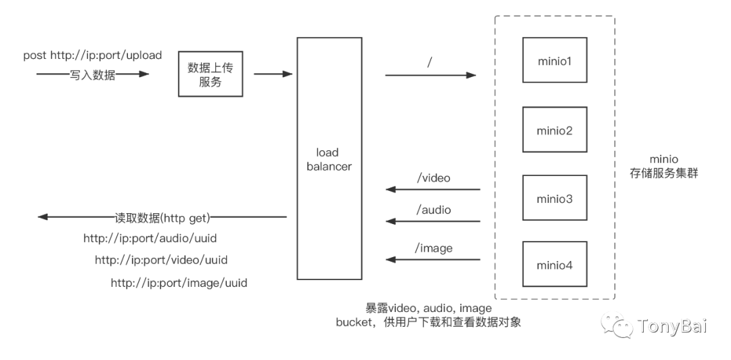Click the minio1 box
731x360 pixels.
[554, 61]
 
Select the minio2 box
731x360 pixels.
[554, 129]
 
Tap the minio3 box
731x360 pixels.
[554, 198]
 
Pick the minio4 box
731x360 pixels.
[554, 265]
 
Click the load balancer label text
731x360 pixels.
[329, 159]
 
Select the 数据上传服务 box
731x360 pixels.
[210, 74]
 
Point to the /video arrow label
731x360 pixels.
[433, 178]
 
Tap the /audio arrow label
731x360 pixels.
[433, 210]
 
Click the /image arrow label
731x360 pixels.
[433, 248]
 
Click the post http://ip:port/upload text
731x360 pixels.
[93, 55]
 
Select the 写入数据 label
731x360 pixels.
[93, 75]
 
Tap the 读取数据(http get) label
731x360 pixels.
[162, 217]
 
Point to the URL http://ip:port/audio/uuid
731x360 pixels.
[150, 238]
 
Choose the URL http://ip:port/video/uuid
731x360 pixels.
[160, 260]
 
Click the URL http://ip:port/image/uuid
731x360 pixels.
[179, 283]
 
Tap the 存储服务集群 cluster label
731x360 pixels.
[663, 173]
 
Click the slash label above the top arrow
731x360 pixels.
[430, 63]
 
